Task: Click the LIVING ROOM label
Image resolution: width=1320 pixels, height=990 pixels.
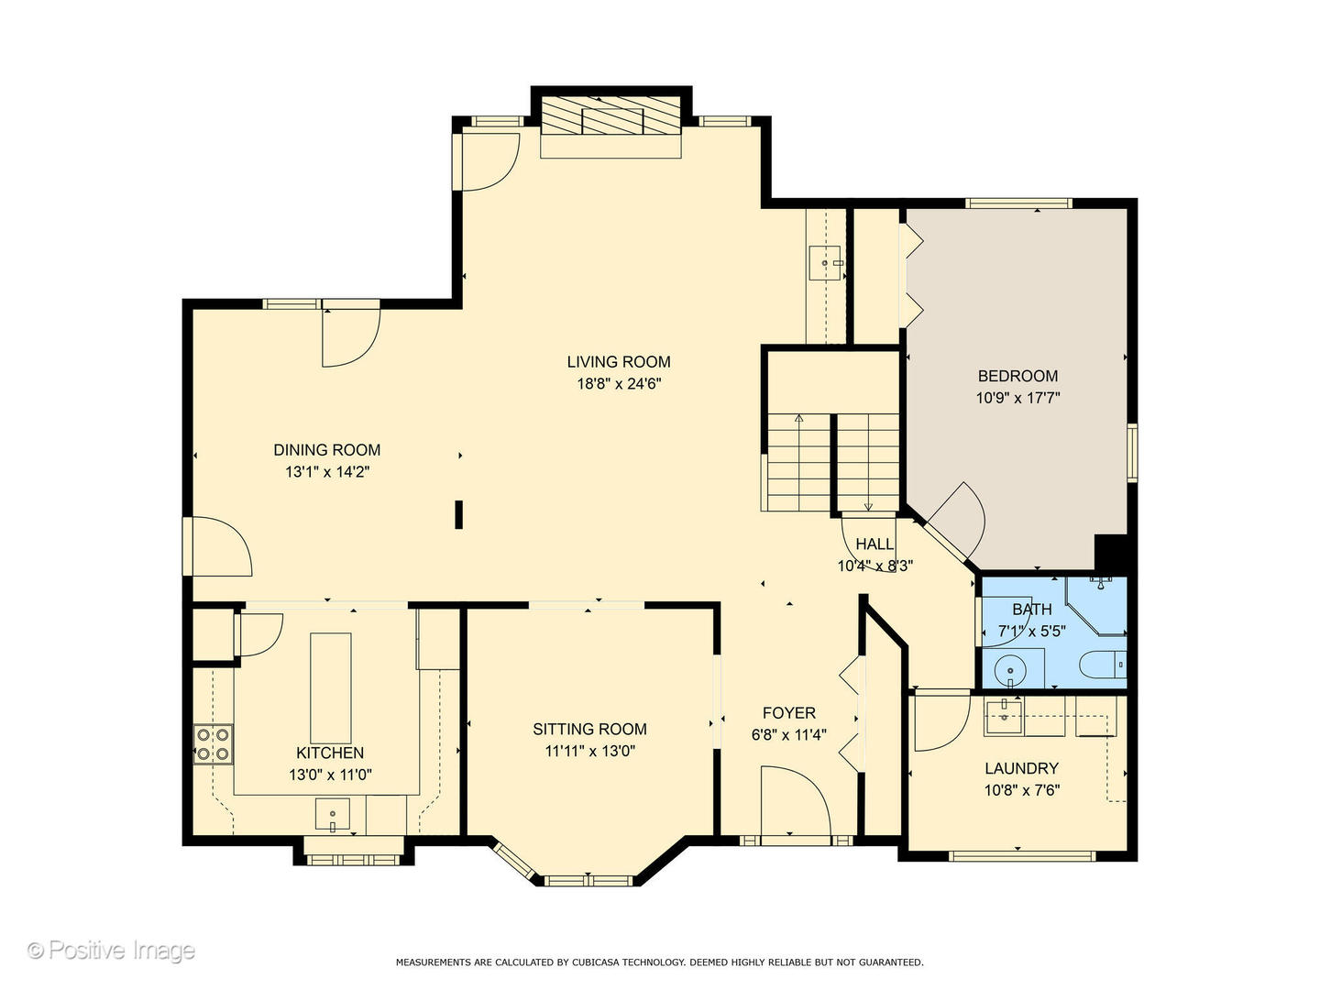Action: tap(618, 362)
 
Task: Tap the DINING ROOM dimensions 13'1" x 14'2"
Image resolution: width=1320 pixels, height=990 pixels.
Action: tap(326, 472)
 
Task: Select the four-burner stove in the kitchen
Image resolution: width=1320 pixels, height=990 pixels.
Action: tap(214, 743)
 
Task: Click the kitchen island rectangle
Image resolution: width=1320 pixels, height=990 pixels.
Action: tap(330, 687)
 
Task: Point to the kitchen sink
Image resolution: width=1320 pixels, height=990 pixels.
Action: tap(333, 814)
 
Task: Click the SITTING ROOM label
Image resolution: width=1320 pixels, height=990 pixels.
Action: tap(589, 729)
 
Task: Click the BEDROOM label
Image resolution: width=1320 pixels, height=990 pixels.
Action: tap(1017, 376)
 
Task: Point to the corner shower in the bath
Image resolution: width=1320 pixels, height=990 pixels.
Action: tap(1095, 605)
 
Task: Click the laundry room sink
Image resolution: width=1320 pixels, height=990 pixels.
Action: tap(1003, 716)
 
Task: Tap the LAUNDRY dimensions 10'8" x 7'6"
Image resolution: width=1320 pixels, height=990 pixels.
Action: tap(1021, 790)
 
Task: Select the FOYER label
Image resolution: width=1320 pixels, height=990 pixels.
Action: tap(788, 713)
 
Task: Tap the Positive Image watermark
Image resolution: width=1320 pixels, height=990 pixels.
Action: tap(111, 951)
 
